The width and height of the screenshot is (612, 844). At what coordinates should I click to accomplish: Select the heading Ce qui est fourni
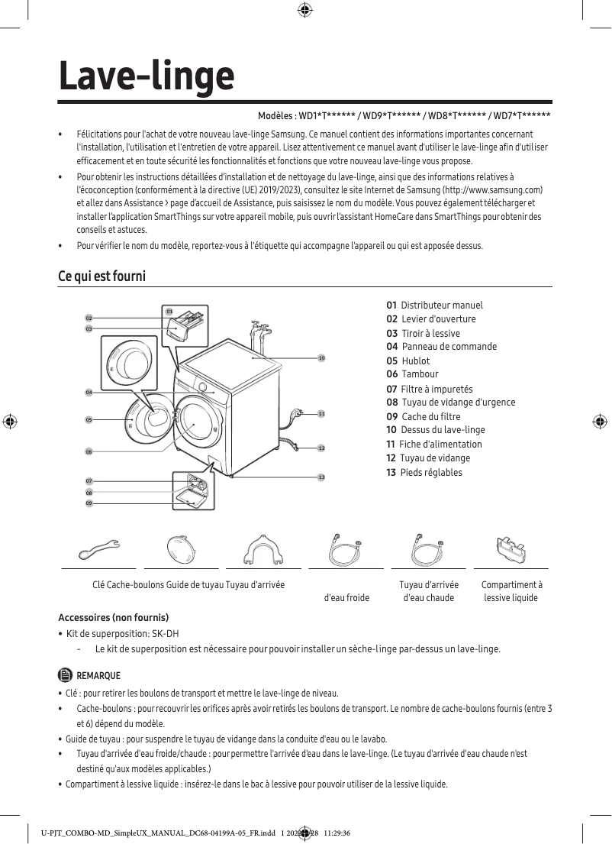[101, 276]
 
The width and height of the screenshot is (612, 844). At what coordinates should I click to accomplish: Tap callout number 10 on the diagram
[321, 357]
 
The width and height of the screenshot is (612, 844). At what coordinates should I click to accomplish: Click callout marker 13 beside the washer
[321, 477]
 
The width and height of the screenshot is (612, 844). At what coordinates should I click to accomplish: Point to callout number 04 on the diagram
[89, 392]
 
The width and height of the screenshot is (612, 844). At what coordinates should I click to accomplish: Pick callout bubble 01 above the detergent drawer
[169, 312]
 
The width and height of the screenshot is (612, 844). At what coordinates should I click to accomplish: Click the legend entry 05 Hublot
[408, 361]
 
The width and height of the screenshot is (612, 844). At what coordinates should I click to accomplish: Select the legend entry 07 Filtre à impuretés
[430, 389]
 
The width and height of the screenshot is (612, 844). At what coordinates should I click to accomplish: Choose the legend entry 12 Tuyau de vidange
[428, 458]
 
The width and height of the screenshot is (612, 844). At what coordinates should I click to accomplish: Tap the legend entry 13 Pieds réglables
[424, 472]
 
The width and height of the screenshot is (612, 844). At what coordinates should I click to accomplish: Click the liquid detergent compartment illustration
[511, 548]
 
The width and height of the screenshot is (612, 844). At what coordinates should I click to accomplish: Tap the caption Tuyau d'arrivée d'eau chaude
[429, 591]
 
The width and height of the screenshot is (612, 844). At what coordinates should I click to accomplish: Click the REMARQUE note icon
[65, 675]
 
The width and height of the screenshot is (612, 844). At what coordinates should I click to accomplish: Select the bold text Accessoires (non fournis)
[113, 617]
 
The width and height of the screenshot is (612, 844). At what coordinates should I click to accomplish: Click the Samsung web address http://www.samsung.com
[495, 189]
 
